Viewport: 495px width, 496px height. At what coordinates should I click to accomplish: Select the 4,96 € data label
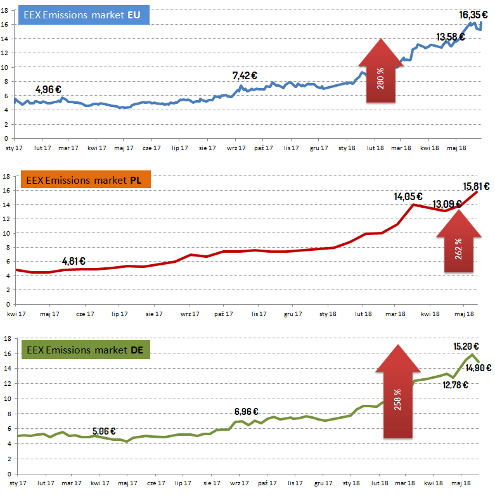(49, 89)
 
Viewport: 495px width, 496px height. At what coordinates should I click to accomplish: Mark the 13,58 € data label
(451, 36)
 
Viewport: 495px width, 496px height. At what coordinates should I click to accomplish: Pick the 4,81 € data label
(74, 260)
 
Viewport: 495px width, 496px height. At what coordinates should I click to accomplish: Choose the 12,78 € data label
(455, 385)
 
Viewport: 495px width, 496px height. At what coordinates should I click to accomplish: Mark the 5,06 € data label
(104, 431)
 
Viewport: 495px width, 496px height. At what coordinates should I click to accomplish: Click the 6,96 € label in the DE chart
(246, 412)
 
